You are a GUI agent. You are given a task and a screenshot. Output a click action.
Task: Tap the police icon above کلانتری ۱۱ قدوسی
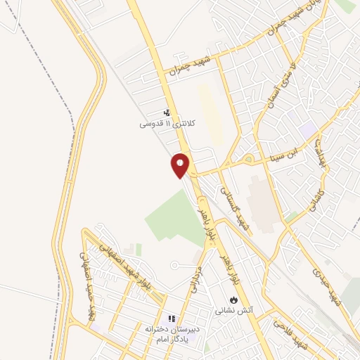click(167, 112)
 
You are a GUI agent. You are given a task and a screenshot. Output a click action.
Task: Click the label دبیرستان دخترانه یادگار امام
click(172, 333)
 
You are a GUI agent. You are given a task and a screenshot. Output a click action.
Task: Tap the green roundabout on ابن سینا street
click(248, 161)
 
